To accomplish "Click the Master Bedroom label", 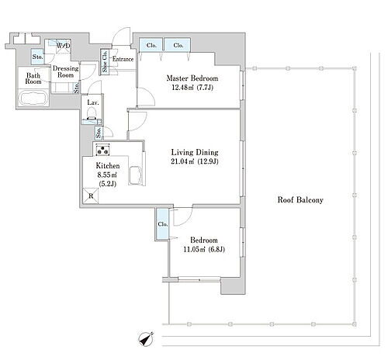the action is click(192, 78).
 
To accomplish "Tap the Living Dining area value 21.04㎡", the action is click(182, 161).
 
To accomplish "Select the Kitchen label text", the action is click(108, 165).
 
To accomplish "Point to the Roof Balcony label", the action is click(300, 200).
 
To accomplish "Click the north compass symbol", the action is click(146, 339).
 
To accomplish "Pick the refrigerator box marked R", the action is click(91, 196).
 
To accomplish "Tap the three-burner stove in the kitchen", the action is click(102, 150).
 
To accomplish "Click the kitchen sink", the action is click(135, 175).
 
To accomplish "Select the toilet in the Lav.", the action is click(92, 114).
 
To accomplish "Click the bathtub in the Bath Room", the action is click(33, 99).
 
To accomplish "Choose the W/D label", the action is click(63, 46).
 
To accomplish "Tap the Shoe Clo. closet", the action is click(105, 61).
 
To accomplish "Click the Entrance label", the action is click(123, 59).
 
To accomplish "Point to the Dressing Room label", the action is click(65, 71).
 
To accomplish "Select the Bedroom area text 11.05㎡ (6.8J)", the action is click(204, 250).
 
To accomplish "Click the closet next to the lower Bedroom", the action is click(162, 224).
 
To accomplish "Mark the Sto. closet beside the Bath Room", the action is click(38, 57).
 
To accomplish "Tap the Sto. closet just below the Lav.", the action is click(99, 133).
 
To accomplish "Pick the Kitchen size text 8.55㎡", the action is click(107, 175).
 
